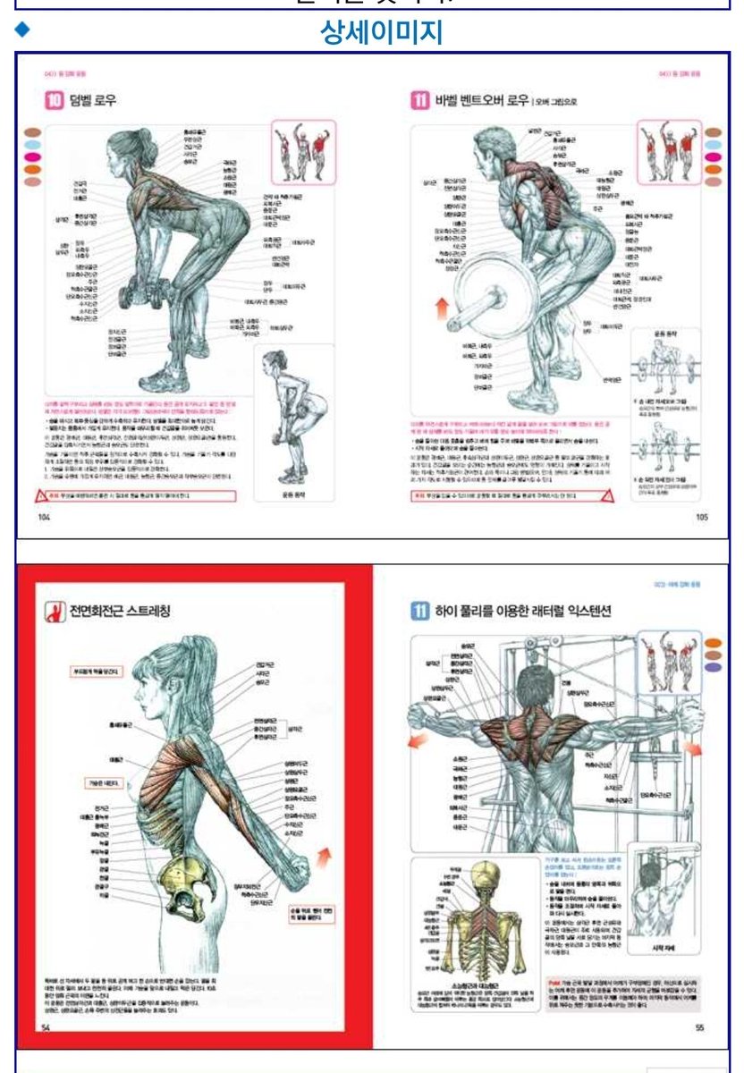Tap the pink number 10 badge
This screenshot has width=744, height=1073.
55,100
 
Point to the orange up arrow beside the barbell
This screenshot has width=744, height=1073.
441,310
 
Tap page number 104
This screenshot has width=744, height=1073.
43,518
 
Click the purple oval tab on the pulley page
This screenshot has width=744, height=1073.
714,667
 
